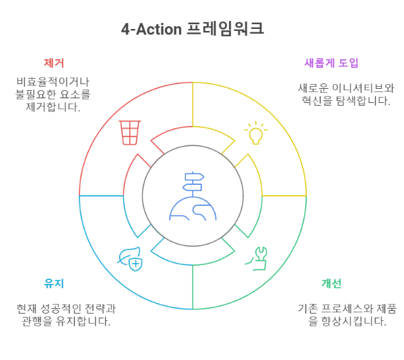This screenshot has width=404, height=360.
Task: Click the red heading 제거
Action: [53, 63]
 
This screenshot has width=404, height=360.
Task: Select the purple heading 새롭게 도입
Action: [331, 63]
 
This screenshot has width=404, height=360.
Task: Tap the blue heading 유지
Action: [53, 283]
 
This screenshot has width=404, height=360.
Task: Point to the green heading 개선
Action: [331, 283]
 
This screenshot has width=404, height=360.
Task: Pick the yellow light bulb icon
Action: [255, 133]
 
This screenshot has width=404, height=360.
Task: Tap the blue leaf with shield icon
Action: [130, 258]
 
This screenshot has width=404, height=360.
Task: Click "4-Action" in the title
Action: [151, 29]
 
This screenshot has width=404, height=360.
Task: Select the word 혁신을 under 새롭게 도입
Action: [320, 101]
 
